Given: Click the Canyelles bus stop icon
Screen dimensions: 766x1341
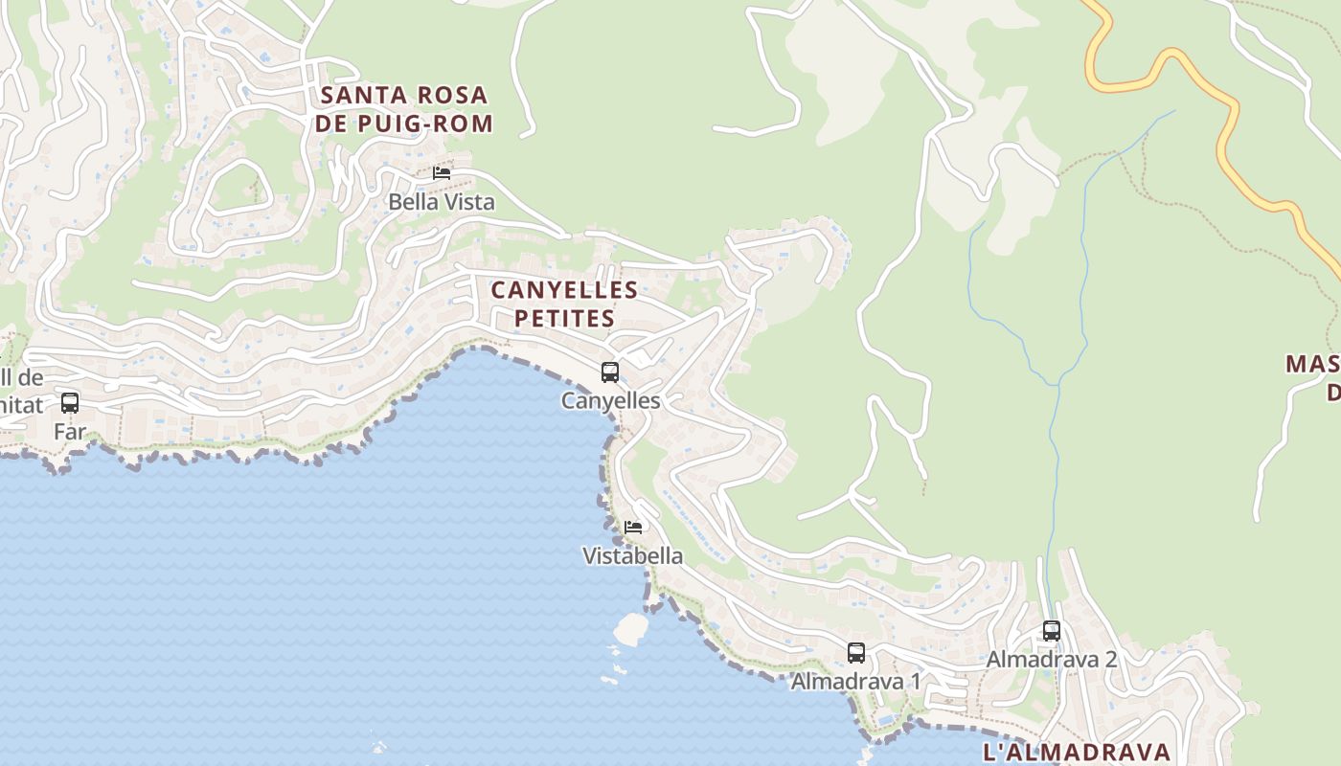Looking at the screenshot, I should coord(610,372).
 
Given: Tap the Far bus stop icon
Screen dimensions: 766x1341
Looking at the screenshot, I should coord(70,403).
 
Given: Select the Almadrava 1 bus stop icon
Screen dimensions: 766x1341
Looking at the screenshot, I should coord(856,653).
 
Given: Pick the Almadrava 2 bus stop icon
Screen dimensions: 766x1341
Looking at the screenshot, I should coord(1052,631).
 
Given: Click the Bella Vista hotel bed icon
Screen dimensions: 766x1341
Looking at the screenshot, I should coord(442,173).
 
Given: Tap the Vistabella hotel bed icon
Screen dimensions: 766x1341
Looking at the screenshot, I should coord(633,528).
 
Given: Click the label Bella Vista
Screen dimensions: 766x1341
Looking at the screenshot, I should coord(442,202).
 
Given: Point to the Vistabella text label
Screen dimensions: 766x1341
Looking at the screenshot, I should coord(633,556).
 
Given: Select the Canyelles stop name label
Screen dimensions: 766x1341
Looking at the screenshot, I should coord(611,401).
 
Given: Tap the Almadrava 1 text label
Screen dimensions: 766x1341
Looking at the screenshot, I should coord(855,682).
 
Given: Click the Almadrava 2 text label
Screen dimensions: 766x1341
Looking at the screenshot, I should coord(1052,660).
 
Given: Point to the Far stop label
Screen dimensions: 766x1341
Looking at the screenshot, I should coord(70,432).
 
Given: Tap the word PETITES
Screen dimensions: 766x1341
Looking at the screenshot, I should coord(564,319).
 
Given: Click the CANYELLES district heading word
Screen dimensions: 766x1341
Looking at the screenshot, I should coord(564,290).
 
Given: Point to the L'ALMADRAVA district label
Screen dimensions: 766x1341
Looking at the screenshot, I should coord(1077,752).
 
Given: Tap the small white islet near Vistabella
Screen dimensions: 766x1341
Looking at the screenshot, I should coord(631,628).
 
